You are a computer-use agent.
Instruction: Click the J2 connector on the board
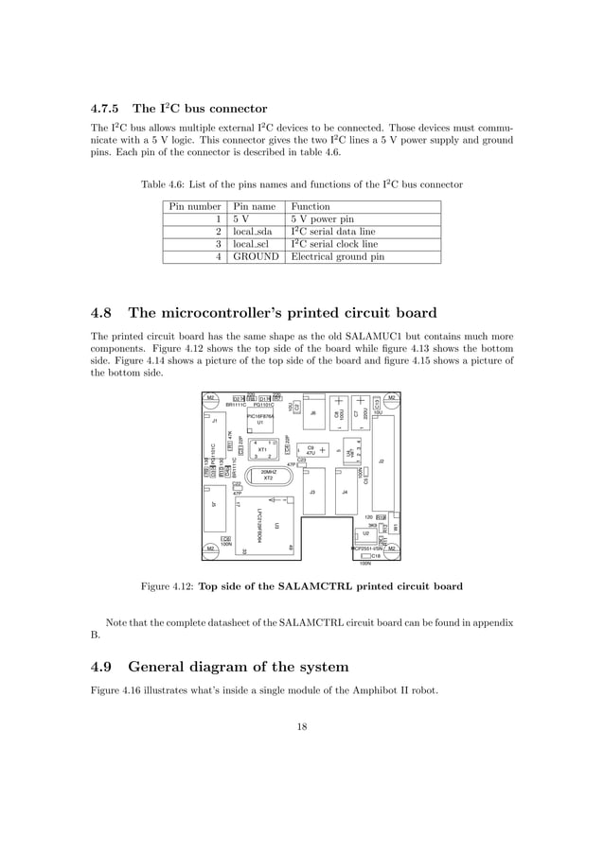pyautogui.click(x=382, y=461)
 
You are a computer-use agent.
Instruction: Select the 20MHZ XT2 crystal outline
pyautogui.click(x=268, y=475)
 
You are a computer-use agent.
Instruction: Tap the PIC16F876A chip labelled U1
pyautogui.click(x=260, y=419)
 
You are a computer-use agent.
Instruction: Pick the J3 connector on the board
pyautogui.click(x=312, y=494)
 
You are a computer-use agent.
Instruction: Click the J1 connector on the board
pyautogui.click(x=215, y=423)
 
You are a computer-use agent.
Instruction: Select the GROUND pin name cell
pyautogui.click(x=256, y=256)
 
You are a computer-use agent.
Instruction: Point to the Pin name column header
pyautogui.click(x=253, y=206)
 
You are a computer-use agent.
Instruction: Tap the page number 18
pyautogui.click(x=302, y=727)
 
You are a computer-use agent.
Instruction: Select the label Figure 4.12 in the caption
pyautogui.click(x=166, y=586)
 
